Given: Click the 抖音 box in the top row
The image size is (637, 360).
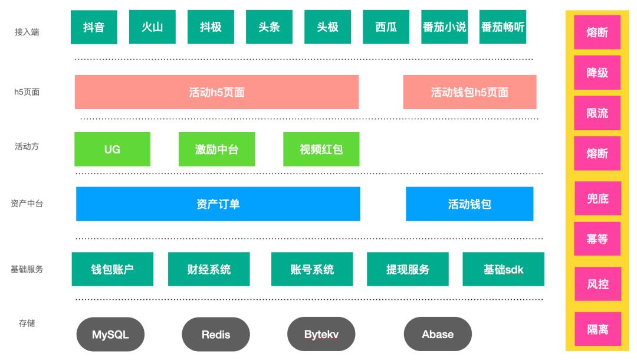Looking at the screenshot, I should (94, 27).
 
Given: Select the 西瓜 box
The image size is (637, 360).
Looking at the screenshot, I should (386, 27).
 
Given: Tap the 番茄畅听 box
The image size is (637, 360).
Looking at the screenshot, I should (503, 27).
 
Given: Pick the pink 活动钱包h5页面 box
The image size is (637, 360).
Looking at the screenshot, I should (469, 92).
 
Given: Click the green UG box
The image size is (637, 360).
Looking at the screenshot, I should (112, 149).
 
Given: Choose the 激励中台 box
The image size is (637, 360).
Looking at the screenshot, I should (216, 149).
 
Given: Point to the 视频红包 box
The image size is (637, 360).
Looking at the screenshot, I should (321, 149).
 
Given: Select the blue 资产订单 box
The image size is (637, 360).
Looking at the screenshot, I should (218, 204).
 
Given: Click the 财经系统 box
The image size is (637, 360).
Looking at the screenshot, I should (209, 269).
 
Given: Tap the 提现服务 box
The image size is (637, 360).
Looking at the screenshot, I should (408, 269).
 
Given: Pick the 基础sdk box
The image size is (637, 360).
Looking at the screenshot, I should (503, 269).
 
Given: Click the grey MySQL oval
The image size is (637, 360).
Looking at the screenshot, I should (110, 335).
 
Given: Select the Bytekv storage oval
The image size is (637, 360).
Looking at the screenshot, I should (321, 335).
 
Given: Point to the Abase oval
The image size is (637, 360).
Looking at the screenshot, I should (438, 335).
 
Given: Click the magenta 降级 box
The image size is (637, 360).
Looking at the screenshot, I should (597, 73).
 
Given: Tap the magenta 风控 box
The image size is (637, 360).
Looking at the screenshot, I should (597, 284).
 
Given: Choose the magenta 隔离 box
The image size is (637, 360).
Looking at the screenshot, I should (597, 329).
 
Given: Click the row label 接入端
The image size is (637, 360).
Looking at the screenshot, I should (27, 32).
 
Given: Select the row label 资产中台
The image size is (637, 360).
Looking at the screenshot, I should (27, 204).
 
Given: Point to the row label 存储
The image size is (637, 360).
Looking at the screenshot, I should (27, 323).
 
